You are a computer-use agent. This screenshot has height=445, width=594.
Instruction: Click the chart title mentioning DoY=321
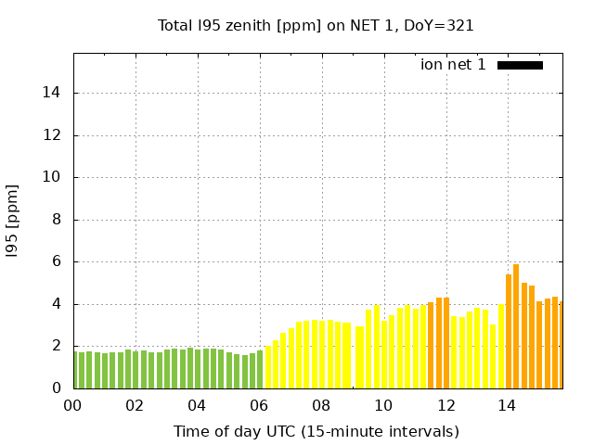[x=316, y=25]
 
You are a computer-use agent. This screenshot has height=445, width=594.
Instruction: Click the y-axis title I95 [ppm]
[x=13, y=220]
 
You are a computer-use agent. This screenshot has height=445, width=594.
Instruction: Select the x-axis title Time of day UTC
[x=316, y=431]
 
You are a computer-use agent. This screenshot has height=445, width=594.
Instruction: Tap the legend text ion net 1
[x=453, y=65]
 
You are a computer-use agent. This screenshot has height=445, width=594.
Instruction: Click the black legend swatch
[x=520, y=65]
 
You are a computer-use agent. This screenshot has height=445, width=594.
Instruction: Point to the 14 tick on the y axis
[x=53, y=93]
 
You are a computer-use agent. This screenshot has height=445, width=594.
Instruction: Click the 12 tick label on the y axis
[x=53, y=135]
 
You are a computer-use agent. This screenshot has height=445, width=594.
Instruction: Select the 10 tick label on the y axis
[x=53, y=177]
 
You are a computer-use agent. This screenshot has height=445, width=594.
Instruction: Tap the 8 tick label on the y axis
[x=58, y=220]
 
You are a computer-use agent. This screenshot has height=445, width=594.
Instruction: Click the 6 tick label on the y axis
[x=58, y=261]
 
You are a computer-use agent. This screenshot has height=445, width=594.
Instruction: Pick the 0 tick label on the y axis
[x=58, y=388]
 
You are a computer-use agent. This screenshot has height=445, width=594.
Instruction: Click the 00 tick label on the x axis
[x=72, y=405]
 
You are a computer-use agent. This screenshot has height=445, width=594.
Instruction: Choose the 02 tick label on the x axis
[x=135, y=405]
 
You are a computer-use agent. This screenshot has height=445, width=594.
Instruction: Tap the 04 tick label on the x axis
[x=197, y=405]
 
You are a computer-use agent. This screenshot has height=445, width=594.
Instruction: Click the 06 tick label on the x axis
[x=259, y=405]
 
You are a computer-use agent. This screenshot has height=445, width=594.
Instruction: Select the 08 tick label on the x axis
[x=321, y=405]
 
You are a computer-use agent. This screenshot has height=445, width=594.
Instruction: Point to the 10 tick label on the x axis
[x=383, y=405]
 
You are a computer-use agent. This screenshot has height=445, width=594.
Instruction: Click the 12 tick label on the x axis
[x=445, y=405]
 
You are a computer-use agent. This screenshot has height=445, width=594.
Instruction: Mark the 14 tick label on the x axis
[x=508, y=405]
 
